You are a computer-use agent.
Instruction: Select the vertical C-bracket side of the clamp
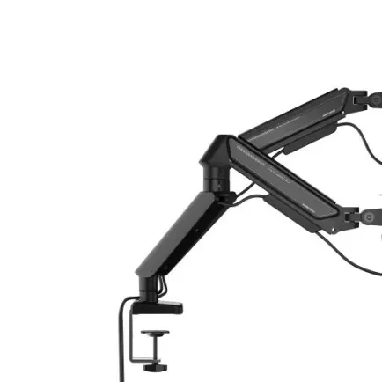(133, 339)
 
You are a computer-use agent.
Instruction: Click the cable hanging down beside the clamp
(120, 343)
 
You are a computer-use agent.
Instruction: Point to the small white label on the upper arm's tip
(329, 113)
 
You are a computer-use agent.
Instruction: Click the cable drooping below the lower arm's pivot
(361, 255)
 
